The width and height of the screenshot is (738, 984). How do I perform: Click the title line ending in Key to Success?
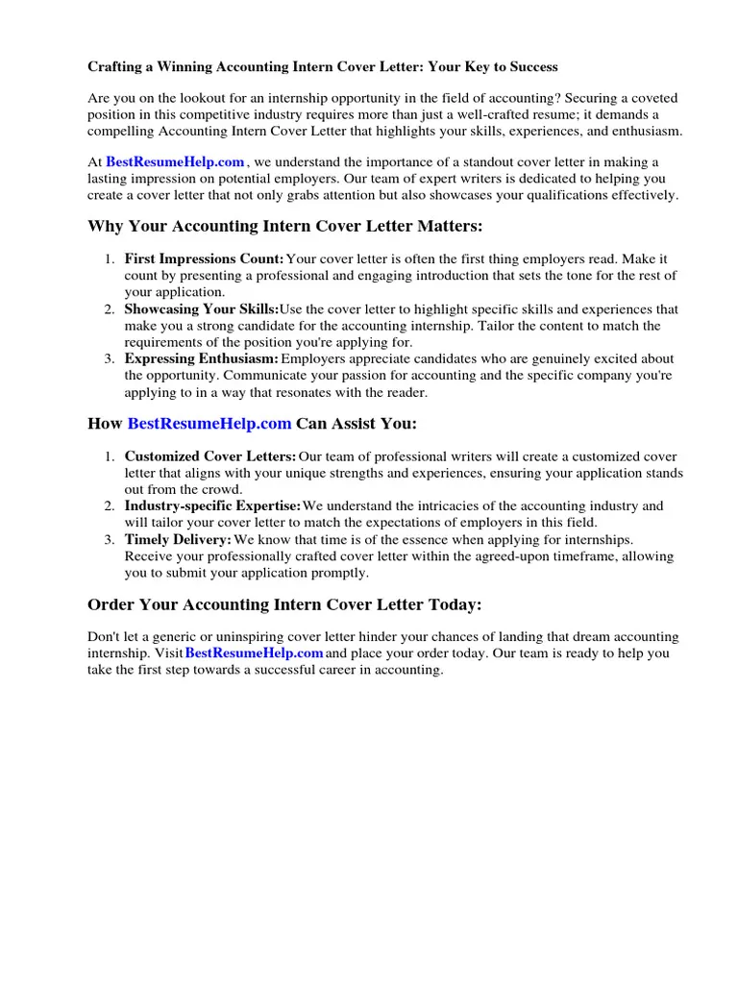(x=322, y=67)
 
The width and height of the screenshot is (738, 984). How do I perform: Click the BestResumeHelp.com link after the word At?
(x=175, y=162)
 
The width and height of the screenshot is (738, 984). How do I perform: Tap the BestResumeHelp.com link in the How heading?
(x=209, y=424)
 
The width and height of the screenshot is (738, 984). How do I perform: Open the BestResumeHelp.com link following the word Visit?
(x=254, y=653)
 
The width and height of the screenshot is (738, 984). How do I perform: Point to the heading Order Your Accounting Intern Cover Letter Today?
(x=284, y=604)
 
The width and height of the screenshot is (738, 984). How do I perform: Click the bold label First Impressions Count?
(x=204, y=259)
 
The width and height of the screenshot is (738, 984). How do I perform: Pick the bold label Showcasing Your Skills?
(x=201, y=309)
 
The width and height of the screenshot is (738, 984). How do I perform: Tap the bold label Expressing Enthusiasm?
(x=201, y=359)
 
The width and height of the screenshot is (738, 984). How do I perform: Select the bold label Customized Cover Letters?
(x=210, y=456)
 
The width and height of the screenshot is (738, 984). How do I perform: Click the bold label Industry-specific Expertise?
(x=212, y=506)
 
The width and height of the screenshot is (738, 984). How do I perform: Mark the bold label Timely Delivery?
(x=178, y=540)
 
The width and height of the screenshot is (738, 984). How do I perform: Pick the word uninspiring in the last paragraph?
(x=242, y=637)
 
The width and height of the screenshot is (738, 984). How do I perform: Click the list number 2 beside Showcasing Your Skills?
(x=109, y=309)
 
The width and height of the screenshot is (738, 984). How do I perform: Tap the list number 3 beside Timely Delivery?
(x=109, y=540)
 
